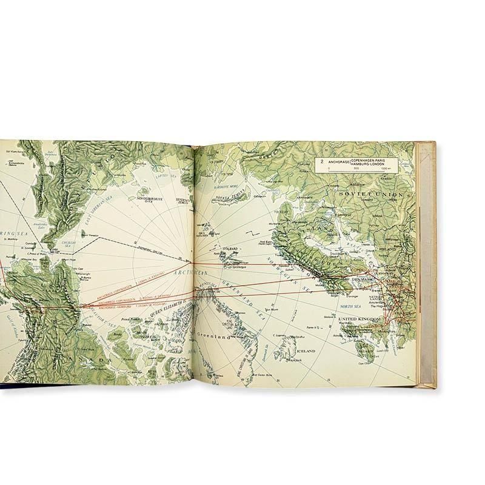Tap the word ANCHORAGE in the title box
[x=343, y=162]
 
